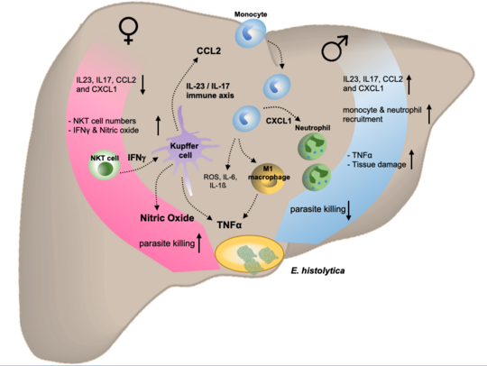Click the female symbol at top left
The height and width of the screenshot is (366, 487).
129,35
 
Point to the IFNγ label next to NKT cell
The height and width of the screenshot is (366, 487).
138,158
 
